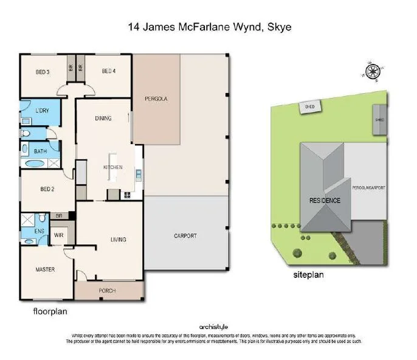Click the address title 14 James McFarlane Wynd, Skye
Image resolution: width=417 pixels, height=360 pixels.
209,27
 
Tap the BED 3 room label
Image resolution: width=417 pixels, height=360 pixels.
41,71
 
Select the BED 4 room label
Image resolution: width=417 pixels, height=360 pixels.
108,71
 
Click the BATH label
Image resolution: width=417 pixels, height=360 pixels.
40,151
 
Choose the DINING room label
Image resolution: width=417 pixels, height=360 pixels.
103,119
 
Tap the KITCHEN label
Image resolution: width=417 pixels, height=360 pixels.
112,167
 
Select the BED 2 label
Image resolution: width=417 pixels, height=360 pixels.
47,189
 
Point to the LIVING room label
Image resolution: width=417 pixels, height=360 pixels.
118,240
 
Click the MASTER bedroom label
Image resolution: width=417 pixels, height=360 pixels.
44,269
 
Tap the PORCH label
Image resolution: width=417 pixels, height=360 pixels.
107,290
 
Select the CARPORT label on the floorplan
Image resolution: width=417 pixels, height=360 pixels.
185,236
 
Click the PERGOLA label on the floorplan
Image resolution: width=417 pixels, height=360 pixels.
156,99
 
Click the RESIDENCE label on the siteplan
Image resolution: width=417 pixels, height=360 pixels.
325,201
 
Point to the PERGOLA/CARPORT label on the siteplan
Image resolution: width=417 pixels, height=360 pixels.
369,188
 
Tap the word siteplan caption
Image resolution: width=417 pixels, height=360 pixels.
308,275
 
